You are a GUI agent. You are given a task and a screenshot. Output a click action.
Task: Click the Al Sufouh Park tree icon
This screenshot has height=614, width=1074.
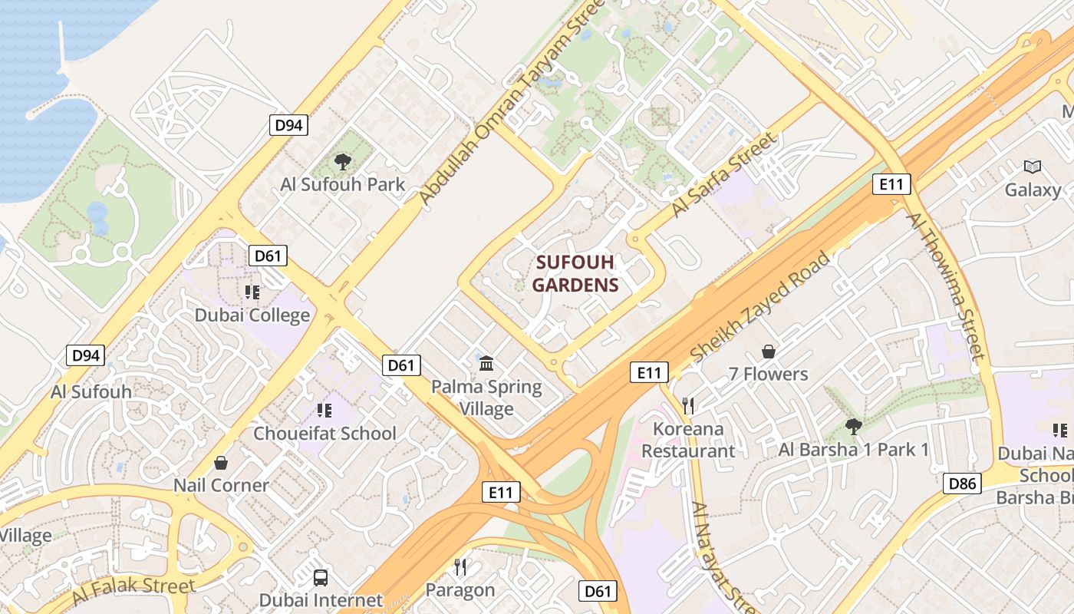pos(343,161)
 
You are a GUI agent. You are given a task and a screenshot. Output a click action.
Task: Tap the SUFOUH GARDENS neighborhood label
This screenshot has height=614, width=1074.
pos(575,274)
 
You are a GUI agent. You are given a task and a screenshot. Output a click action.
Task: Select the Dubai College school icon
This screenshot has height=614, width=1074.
pos(252,292)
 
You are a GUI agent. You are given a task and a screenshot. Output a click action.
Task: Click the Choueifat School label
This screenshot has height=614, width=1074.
pos(325,433)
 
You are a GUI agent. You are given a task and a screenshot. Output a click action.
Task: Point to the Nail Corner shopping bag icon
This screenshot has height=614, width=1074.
pos(221,463)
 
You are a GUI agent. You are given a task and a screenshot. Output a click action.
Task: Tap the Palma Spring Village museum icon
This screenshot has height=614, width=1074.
pos(486,363)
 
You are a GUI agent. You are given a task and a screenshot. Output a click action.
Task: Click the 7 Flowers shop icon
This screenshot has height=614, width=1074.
pos(768,352)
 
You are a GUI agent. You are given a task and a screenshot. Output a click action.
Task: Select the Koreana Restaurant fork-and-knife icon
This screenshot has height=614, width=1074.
pos(688,405)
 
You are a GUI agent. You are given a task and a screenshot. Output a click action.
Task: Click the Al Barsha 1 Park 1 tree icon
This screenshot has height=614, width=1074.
pos(853,426)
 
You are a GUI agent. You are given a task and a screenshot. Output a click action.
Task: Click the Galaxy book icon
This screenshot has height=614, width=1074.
pos(1033,167)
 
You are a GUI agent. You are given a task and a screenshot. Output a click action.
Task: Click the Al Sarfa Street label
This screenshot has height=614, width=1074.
pos(723,175)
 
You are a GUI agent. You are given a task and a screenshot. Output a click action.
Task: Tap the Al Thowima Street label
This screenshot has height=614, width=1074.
pos(944,286)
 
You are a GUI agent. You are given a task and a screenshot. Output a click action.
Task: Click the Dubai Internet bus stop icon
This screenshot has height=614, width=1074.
pos(321,577)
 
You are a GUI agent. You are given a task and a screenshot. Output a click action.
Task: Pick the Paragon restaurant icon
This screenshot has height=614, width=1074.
pos(460,567)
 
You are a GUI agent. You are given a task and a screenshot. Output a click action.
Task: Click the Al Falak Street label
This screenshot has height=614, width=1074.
pos(134,590)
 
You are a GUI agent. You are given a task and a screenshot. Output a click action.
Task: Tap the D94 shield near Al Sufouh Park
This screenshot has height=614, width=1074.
pos(288,125)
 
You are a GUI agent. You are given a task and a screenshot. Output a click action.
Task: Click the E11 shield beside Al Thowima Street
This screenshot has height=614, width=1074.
pos(892,184)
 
